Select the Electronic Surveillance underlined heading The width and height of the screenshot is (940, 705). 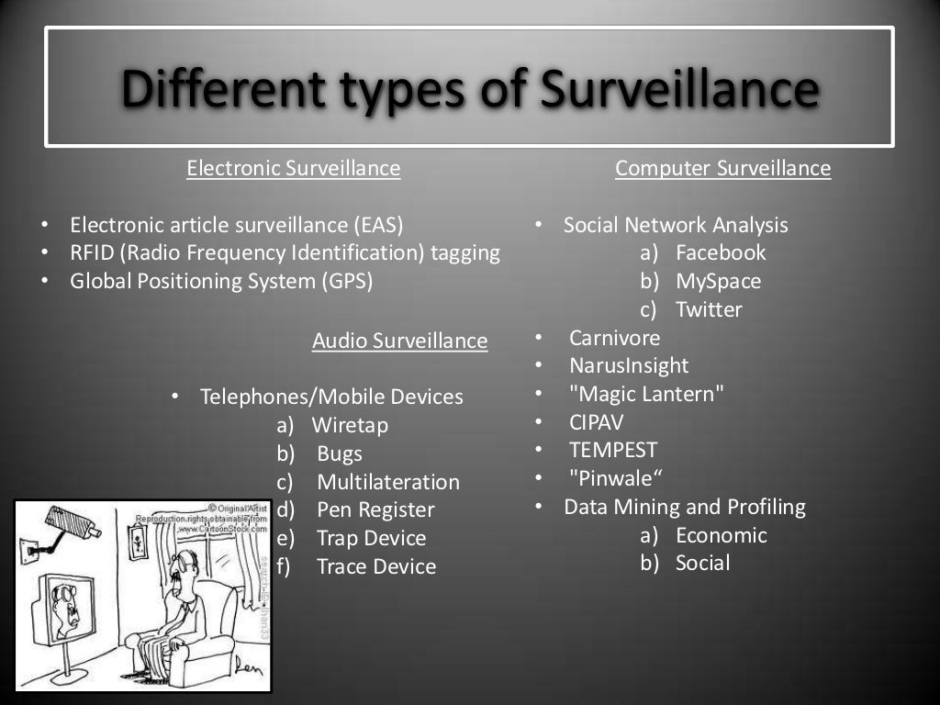[293, 169]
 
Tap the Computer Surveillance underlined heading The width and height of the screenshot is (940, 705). [722, 169]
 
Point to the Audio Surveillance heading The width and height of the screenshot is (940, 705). [399, 341]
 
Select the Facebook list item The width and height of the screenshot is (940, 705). [720, 252]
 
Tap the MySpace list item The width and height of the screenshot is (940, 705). [718, 281]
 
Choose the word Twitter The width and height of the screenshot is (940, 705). [709, 309]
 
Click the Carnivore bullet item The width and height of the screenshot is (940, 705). [614, 337]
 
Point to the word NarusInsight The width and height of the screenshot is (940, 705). [628, 365]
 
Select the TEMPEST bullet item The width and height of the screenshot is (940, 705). [613, 451]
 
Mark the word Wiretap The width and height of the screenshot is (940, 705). [350, 426]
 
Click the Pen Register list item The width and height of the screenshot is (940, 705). [375, 509]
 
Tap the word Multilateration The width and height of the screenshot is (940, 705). [388, 482]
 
